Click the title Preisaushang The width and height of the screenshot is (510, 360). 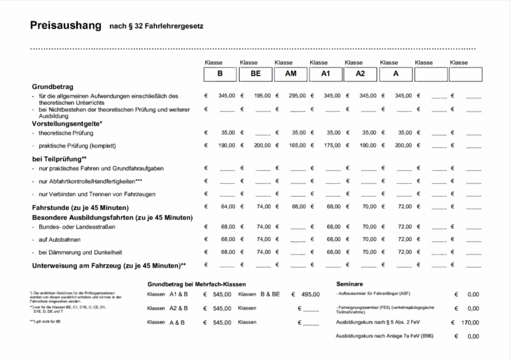(x=64, y=26)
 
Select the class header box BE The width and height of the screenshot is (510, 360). (x=256, y=74)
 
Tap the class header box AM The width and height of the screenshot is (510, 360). (x=291, y=74)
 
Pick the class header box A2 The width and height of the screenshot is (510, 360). (x=361, y=74)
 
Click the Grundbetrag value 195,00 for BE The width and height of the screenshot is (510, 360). (x=262, y=96)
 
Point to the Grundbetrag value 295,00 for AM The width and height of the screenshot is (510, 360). (x=297, y=96)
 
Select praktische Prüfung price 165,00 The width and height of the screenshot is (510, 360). (x=297, y=145)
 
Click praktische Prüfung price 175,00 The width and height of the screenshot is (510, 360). (x=332, y=145)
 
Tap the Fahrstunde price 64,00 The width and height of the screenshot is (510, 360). (x=228, y=207)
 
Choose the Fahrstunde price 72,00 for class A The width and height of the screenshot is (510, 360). (x=404, y=207)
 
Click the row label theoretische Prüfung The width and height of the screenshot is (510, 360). (x=66, y=133)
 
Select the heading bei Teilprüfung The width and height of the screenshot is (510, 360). (x=58, y=159)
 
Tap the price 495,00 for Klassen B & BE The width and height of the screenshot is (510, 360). (x=310, y=294)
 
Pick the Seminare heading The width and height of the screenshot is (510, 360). (x=349, y=284)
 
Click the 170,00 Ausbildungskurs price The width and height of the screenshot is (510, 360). (x=469, y=322)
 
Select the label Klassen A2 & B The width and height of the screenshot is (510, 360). (x=167, y=308)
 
